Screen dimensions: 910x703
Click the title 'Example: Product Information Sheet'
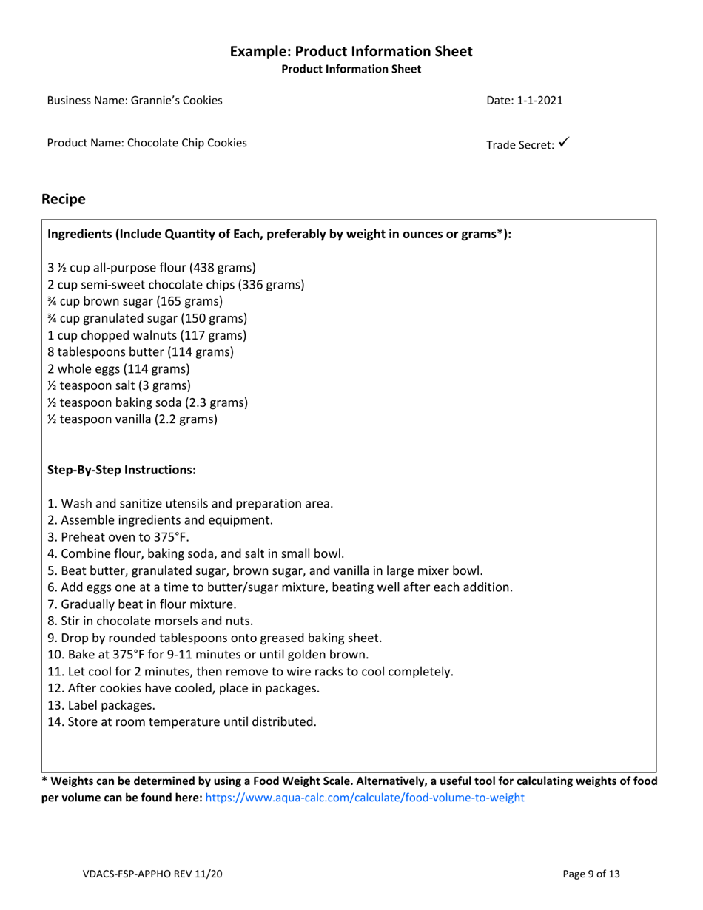351,52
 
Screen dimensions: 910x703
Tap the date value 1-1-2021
539,100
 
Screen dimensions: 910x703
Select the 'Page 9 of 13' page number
591,874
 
